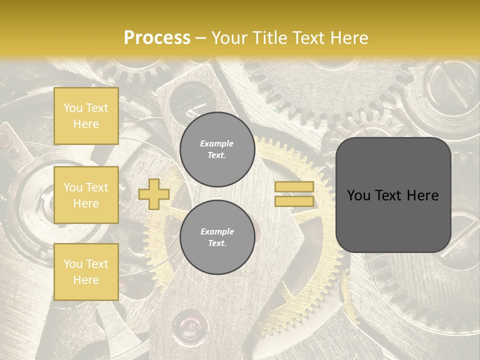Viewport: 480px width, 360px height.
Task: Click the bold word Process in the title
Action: point(157,38)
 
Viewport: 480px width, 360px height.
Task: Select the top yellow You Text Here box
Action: point(86,116)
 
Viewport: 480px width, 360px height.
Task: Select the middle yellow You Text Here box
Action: point(86,195)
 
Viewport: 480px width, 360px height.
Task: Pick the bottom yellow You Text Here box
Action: point(86,272)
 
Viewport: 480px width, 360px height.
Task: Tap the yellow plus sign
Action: point(154,194)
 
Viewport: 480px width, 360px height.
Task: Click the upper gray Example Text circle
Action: point(217,149)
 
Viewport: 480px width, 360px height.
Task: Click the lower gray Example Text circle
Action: point(217,237)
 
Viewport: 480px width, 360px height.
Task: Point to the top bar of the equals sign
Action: point(294,187)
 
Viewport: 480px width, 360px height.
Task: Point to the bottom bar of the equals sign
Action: point(294,201)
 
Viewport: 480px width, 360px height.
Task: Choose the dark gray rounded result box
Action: point(393,195)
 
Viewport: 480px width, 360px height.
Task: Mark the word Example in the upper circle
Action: point(217,143)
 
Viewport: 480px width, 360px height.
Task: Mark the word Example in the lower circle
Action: point(217,231)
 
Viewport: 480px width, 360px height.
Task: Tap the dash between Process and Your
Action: point(200,38)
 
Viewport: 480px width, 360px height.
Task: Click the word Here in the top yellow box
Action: point(86,124)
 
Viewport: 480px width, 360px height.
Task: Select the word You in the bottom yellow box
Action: point(73,264)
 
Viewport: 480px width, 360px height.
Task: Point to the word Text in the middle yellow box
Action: point(96,187)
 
